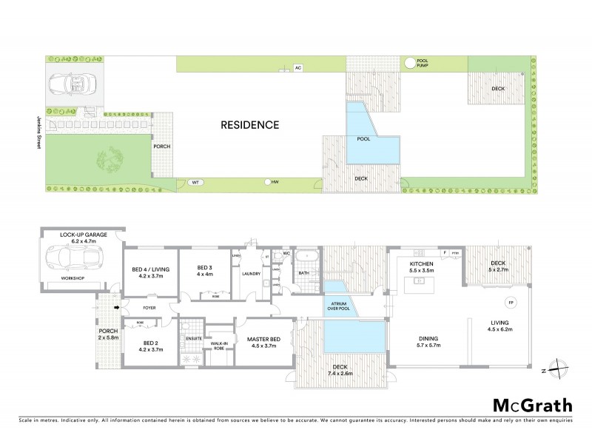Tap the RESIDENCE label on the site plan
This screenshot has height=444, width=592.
tap(250, 125)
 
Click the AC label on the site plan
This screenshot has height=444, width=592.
tap(298, 68)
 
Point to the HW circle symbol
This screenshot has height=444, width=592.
tap(267, 181)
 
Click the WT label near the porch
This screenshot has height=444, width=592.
tap(195, 181)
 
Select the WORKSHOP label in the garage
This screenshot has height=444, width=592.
tap(72, 278)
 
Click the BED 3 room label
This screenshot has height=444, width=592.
tap(205, 271)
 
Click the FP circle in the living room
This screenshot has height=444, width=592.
tap(510, 302)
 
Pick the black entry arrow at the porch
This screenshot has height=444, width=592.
tap(115, 304)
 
